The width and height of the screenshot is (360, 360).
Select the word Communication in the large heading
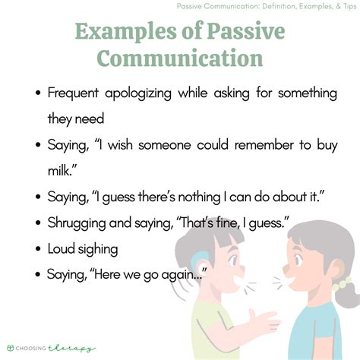click(180, 59)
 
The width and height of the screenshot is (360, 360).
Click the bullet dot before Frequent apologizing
click(39, 93)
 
